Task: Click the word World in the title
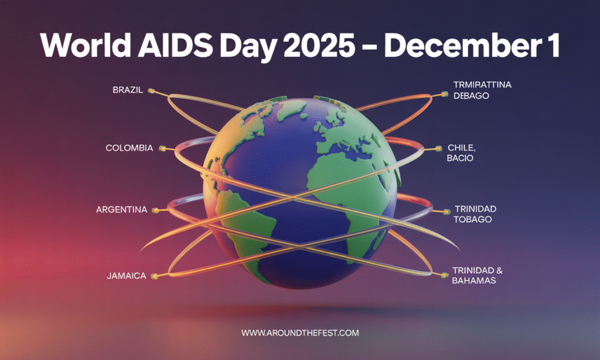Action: [x=86, y=45]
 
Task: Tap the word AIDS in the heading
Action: [x=175, y=45]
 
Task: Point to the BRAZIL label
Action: [x=128, y=90]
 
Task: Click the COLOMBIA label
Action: [x=129, y=148]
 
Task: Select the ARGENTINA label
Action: [x=122, y=209]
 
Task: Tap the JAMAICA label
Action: [x=127, y=276]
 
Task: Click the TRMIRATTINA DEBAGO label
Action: [x=482, y=90]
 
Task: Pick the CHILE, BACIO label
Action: [x=461, y=153]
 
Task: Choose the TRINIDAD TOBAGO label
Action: [x=475, y=214]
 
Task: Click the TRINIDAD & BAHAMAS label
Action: [x=477, y=276]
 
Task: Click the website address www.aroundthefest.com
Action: [x=300, y=333]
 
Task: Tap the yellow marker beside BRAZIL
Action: [x=152, y=91]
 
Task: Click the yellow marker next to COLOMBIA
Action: [x=162, y=148]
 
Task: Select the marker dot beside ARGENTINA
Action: [x=155, y=210]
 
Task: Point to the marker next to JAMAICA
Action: [x=154, y=276]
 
